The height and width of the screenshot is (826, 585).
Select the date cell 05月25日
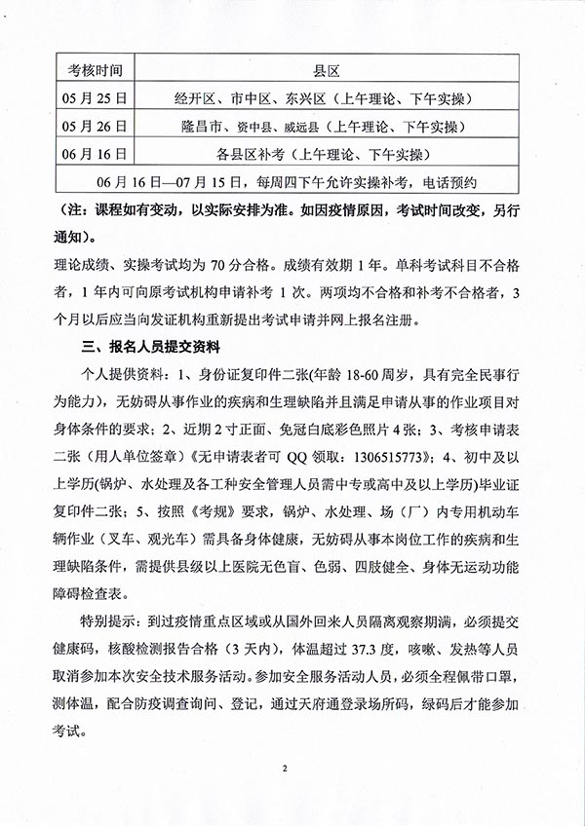[x=96, y=98]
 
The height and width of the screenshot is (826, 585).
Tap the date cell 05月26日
[x=96, y=126]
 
